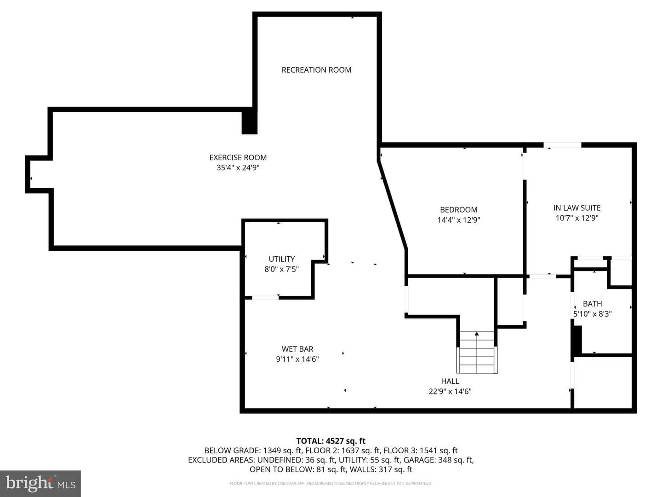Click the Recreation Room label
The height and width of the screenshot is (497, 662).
point(316,70)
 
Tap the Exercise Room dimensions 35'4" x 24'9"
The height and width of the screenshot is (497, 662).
point(238,168)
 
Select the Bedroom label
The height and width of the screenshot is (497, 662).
point(459,210)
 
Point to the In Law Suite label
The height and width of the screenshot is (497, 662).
point(577,208)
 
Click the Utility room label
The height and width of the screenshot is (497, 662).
point(282,259)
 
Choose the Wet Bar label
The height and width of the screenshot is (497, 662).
point(297,349)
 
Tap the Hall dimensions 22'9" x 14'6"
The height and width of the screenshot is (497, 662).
point(450,391)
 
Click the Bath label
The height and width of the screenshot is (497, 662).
point(592,304)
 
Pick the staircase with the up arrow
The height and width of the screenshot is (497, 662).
point(477,352)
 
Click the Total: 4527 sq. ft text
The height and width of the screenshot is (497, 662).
point(331,441)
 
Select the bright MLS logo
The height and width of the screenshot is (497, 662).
point(40,483)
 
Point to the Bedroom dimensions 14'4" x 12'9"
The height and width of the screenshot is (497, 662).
point(459,220)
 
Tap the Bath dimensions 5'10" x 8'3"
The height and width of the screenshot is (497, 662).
point(592,314)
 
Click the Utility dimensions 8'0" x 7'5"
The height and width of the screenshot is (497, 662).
point(282,269)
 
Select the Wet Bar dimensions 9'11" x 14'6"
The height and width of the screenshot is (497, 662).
point(297,359)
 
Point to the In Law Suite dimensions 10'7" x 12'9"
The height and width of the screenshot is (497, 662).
point(577,218)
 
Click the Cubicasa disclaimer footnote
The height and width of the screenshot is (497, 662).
point(331,483)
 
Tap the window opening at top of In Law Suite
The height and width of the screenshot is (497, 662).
point(563,145)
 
